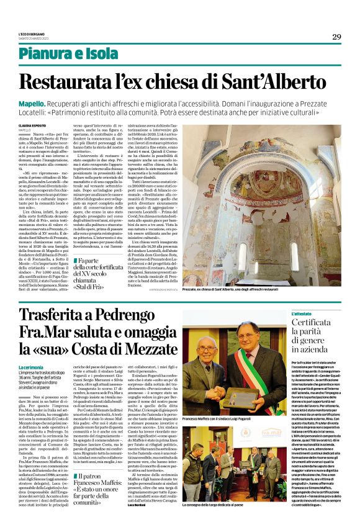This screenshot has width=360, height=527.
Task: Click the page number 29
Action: point(336,37)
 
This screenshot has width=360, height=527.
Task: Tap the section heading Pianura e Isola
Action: point(68,53)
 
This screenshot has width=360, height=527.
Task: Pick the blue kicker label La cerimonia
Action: point(31,367)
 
